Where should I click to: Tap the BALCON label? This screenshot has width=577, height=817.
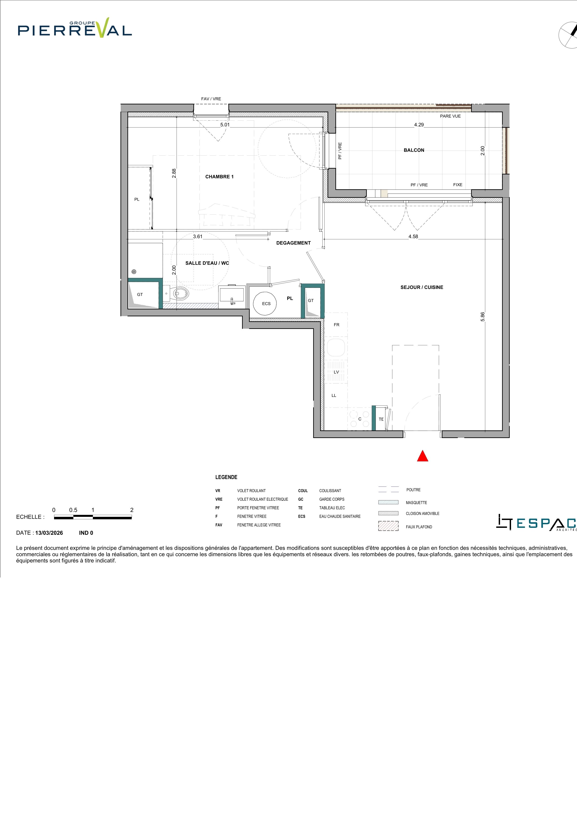pos(414,150)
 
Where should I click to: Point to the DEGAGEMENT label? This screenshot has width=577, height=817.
pos(293,243)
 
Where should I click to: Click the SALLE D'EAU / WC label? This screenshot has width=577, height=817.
pos(207,263)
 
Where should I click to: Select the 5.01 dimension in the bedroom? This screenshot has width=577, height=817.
pos(225,125)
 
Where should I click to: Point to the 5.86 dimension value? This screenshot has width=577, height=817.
pos(482,317)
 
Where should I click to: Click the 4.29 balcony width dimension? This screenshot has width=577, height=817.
pos(419,125)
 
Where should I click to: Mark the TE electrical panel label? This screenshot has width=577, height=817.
pos(381,419)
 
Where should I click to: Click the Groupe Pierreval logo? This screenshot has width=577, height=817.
pos(75,28)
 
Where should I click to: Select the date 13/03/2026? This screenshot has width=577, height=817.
pos(49,533)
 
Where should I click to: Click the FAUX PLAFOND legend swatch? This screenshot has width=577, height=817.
pos(388,526)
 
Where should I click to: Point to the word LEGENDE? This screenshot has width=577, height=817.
pos(226,477)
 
